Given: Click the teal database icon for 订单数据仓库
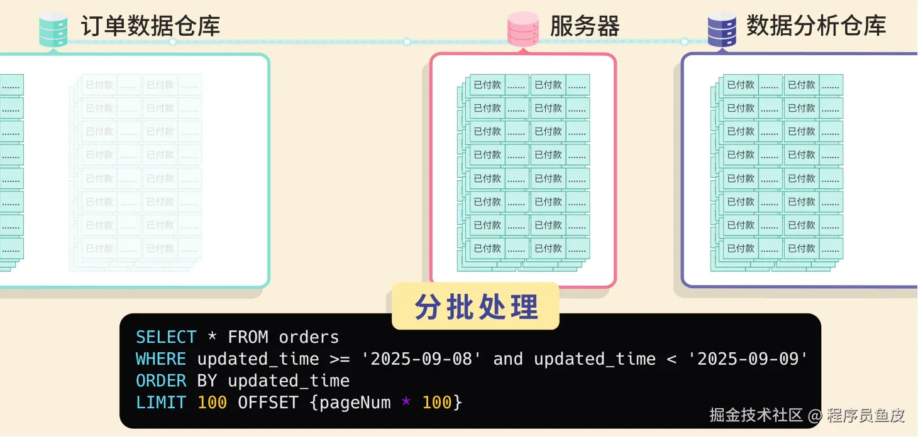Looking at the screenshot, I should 53,29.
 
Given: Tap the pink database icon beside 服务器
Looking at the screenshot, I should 523,29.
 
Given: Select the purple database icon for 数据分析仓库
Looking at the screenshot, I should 722,29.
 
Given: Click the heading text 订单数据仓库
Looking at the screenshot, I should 150,26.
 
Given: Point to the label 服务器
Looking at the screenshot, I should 585,26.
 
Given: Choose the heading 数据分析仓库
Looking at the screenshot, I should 816,26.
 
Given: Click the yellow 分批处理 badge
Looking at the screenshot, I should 476,306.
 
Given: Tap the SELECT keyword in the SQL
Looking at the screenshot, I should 166,337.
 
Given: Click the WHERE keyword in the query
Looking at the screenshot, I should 161,359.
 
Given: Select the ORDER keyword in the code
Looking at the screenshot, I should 161,381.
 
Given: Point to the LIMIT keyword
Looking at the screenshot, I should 161,402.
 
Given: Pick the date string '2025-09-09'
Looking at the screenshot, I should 748,359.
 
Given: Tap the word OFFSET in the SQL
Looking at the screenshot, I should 268,402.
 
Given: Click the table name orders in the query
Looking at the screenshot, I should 309,337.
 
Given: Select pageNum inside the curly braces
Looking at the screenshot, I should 355,402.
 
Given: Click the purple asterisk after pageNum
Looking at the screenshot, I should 406,402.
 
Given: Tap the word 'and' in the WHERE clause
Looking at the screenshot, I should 508,359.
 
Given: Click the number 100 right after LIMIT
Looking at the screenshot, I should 212,402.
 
